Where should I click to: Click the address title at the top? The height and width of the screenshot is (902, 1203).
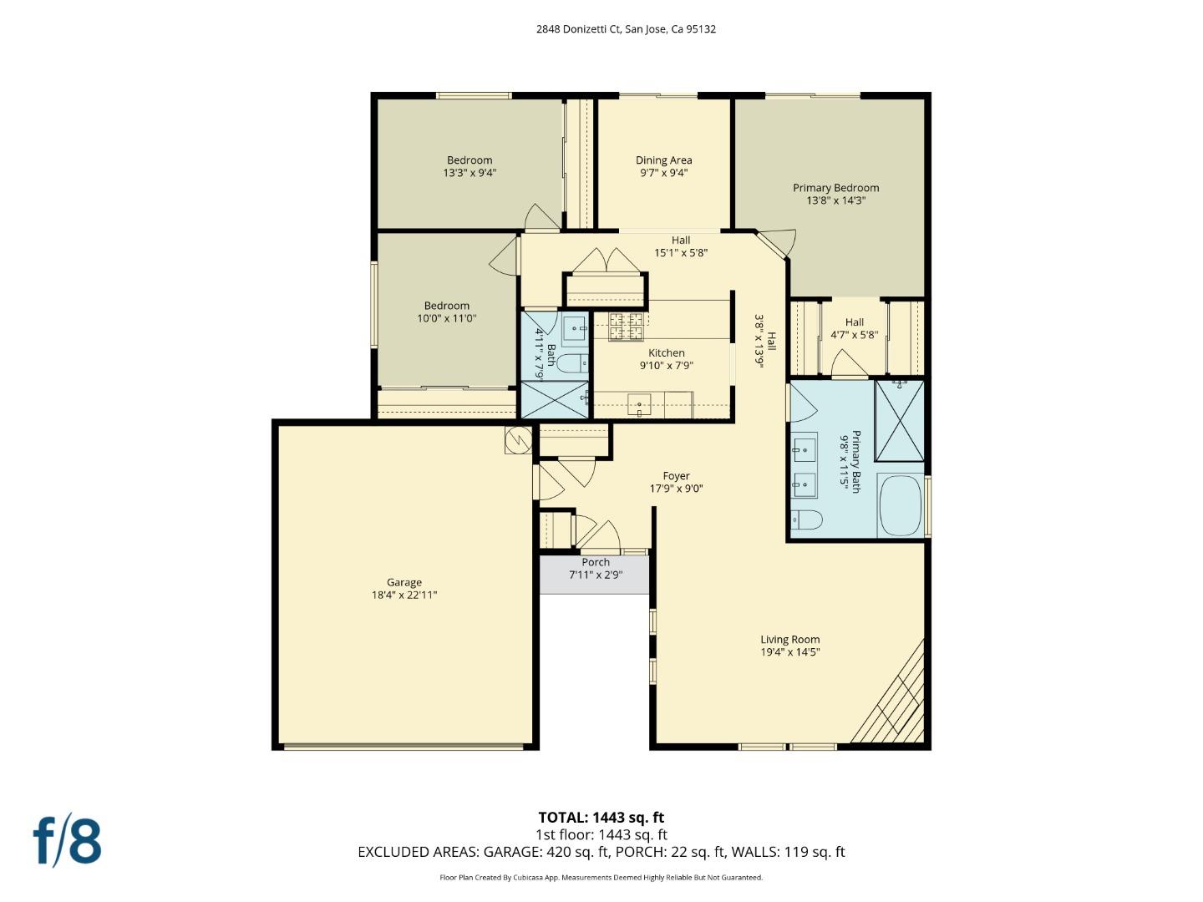tap(626, 29)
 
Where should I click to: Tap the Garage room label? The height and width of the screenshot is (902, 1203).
tap(404, 582)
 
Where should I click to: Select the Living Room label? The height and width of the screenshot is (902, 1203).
tap(789, 640)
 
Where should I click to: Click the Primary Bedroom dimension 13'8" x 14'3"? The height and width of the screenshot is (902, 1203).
tap(835, 200)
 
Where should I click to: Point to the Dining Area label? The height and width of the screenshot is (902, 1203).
tap(663, 160)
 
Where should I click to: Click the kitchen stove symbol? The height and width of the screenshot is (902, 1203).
tap(626, 327)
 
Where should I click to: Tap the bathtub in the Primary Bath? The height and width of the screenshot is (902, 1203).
tap(901, 505)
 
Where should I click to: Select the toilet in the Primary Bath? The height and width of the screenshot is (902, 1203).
tap(806, 520)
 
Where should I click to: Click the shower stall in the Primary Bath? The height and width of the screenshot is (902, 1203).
tap(899, 420)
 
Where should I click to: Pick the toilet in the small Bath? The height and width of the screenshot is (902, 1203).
tap(572, 363)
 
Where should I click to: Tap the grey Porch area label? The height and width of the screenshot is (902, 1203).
tap(595, 563)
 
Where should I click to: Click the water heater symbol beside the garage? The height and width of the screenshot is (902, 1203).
tap(518, 439)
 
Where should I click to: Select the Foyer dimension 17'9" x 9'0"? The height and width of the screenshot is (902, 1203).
tap(676, 489)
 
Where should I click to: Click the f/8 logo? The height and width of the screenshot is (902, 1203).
tap(68, 841)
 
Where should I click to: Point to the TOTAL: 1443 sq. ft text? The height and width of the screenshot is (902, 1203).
tap(601, 818)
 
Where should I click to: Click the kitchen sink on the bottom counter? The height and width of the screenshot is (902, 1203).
tap(640, 406)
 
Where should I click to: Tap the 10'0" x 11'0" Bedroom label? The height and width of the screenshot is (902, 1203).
tap(446, 312)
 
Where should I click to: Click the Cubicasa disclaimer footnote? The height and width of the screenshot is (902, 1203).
tap(601, 878)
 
